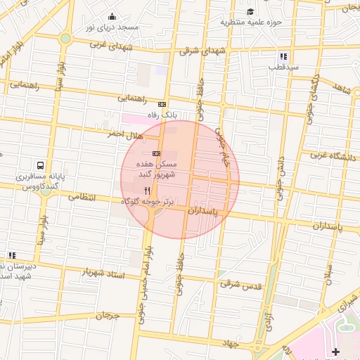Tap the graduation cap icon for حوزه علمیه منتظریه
tap(250, 11)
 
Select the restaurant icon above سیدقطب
tap(283, 56)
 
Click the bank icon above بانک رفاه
tap(162, 103)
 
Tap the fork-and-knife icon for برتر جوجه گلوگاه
tap(147, 191)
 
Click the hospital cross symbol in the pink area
tap(335, 351)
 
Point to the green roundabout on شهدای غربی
tap(65, 39)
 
